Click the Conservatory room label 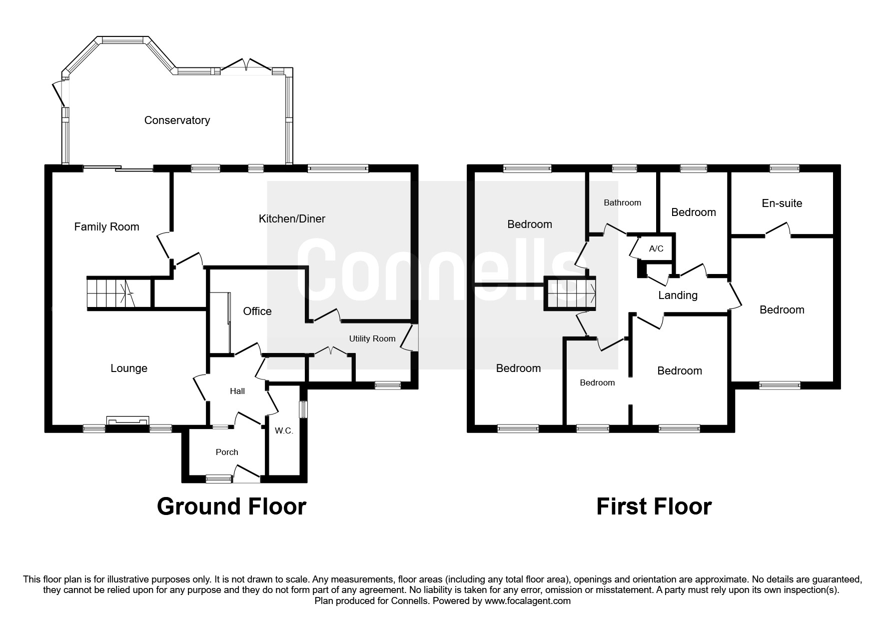[177, 120]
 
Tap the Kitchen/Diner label [292, 218]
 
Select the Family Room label [106, 226]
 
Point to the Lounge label [129, 368]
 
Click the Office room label [257, 311]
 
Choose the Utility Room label [372, 338]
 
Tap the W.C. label [284, 430]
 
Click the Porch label [227, 452]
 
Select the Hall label [237, 391]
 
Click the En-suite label [782, 203]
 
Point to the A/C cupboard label [656, 248]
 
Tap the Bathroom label [622, 202]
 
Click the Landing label [678, 295]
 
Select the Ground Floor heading [231, 506]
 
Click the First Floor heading [654, 506]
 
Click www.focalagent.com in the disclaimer [527, 601]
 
